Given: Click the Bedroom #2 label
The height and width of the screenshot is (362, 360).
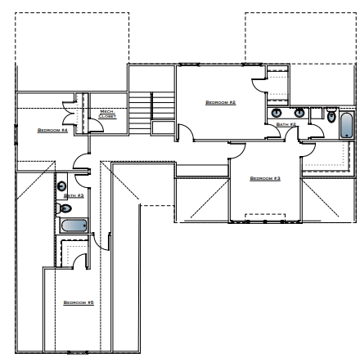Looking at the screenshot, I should tap(220, 102).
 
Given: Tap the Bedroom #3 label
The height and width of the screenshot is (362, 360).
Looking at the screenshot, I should tap(265, 178).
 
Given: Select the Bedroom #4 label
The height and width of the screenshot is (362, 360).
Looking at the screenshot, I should tap(52, 129).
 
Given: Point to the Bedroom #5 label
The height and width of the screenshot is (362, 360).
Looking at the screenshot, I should tap(79, 302).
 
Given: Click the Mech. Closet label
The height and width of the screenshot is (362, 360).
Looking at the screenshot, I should tap(107, 114).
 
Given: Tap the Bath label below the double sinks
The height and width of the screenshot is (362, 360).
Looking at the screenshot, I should tap(286, 124).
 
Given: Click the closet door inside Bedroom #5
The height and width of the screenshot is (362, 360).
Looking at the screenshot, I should tap(80, 261).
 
